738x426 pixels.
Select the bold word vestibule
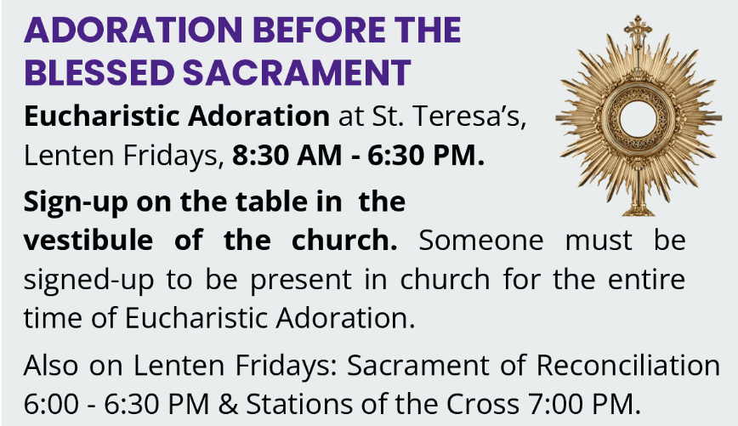coord(82,241)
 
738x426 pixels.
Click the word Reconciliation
coord(627,366)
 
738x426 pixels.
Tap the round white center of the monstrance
coord(636,116)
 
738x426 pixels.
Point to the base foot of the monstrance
coord(636,207)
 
